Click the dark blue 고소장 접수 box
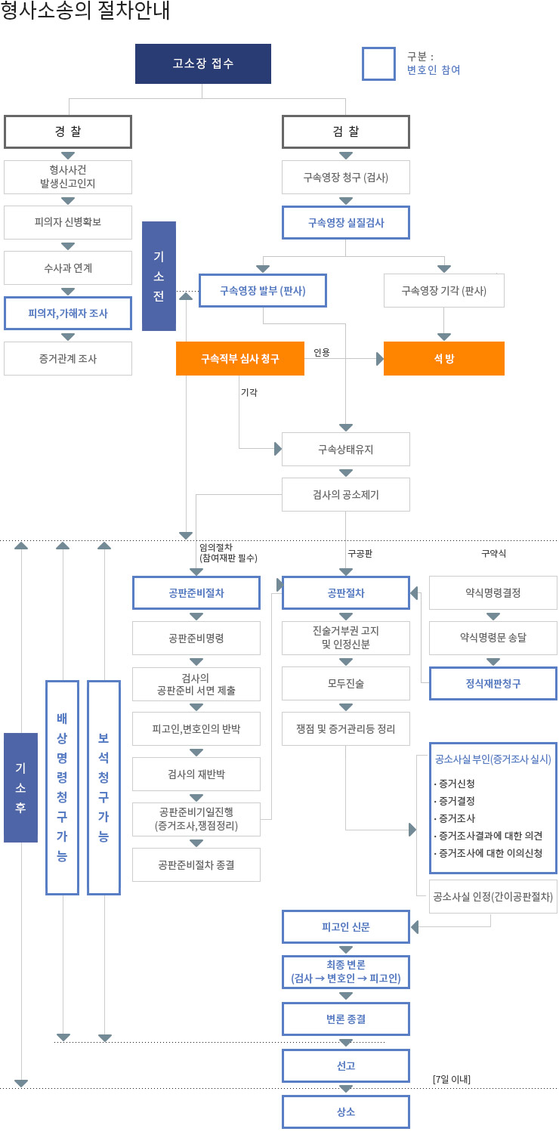[202, 63]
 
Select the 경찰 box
[68, 131]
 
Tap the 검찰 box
[346, 131]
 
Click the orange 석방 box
[444, 359]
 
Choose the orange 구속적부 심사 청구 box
[240, 359]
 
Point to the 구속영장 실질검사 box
[346, 223]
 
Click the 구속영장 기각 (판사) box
[444, 290]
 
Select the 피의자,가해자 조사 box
[68, 313]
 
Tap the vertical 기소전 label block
[159, 276]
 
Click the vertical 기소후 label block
[20, 787]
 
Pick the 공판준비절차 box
[196, 593]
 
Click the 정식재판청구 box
[493, 683]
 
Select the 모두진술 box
[346, 683]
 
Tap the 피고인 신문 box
[346, 926]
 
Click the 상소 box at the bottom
[346, 1112]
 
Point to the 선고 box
[346, 1066]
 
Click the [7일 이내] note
[452, 1079]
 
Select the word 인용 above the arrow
[322, 352]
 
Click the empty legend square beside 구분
[378, 63]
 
